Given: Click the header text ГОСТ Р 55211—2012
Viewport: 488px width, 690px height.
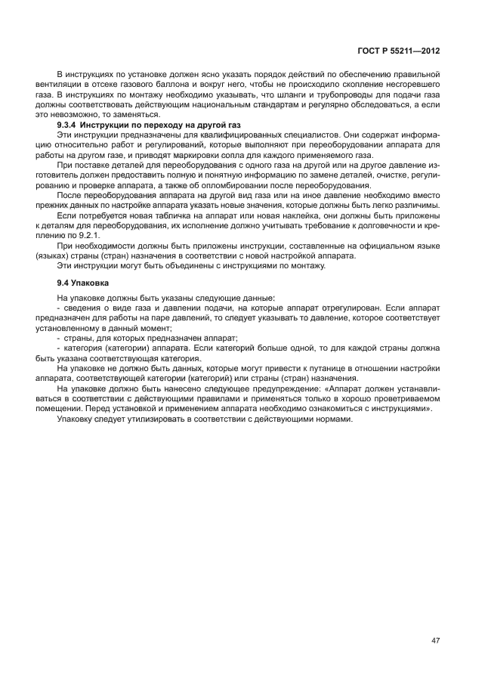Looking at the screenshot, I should click(398, 51).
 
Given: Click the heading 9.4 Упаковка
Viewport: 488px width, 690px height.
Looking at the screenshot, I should click(83, 283).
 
